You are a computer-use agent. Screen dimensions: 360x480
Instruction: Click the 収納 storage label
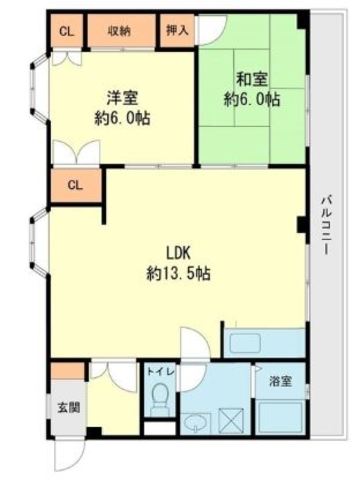pyautogui.click(x=119, y=31)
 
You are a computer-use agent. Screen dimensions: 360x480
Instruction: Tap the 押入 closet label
pyautogui.click(x=177, y=31)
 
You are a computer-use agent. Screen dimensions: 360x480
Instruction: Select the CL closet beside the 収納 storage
pyautogui.click(x=67, y=32)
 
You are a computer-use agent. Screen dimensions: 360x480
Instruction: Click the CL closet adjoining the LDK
pyautogui.click(x=75, y=185)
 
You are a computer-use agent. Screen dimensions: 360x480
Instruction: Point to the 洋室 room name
pyautogui.click(x=122, y=98)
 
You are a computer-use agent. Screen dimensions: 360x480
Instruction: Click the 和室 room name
pyautogui.click(x=252, y=79)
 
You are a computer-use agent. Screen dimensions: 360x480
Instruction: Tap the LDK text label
pyautogui.click(x=178, y=254)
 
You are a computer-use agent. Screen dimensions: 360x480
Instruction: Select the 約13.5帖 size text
pyautogui.click(x=178, y=274)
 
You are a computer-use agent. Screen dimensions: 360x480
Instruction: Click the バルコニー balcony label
pyautogui.click(x=326, y=226)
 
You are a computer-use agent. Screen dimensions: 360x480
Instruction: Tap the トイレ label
pyautogui.click(x=161, y=372)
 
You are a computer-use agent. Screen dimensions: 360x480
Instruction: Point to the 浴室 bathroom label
pyautogui.click(x=281, y=381)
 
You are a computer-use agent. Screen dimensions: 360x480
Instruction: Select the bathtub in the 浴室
pyautogui.click(x=281, y=417)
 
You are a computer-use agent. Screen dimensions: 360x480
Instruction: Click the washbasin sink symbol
pyautogui.click(x=197, y=423)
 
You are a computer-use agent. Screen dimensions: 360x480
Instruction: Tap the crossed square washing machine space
pyautogui.click(x=230, y=420)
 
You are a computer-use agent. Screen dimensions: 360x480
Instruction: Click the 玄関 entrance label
pyautogui.click(x=69, y=408)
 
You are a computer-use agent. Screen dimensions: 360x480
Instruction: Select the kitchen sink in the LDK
pyautogui.click(x=245, y=343)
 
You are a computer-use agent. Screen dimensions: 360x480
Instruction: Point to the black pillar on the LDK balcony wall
pyautogui.click(x=303, y=225)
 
